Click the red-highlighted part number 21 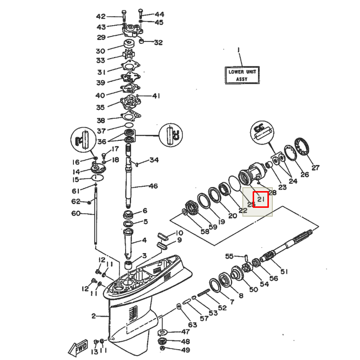tap(261, 199)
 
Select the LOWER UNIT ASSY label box tap(242, 75)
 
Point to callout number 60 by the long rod tap(75, 213)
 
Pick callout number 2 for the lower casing tap(94, 316)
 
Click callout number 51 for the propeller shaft tap(284, 271)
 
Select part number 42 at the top tap(100, 16)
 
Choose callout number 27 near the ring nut tap(315, 167)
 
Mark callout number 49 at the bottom tap(185, 350)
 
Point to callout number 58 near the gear tap(191, 231)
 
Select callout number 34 tap(154, 160)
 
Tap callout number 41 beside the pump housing tap(156, 96)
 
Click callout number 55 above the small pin tap(229, 256)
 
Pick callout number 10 tap(179, 233)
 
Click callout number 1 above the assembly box tap(239, 50)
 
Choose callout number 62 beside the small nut tap(75, 201)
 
